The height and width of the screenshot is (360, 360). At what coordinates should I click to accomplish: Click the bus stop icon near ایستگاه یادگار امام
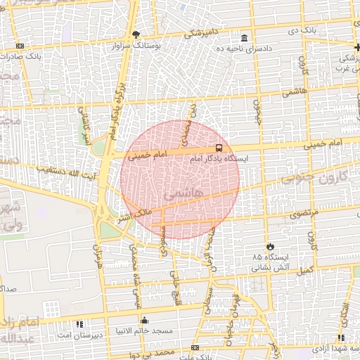219,148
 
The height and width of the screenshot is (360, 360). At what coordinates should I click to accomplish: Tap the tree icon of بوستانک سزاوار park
136,34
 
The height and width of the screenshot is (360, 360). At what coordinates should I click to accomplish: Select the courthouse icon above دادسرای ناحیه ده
244,38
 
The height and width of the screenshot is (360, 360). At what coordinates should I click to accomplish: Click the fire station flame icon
269,246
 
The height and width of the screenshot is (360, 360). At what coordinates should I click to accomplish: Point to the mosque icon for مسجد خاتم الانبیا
145,320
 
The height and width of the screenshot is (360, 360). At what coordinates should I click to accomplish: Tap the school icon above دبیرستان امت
79,324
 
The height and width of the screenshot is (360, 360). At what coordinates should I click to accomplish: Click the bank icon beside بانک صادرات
19,46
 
